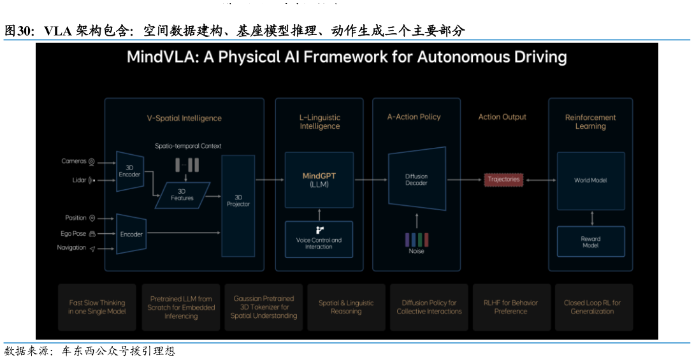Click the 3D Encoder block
[x=129, y=171]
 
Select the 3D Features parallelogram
[x=182, y=194]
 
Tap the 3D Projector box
[x=238, y=201]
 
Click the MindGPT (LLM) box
[x=319, y=180]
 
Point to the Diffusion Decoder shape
[x=416, y=179]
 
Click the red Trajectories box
[x=503, y=180]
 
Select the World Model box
[x=590, y=180]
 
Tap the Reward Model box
[x=590, y=242]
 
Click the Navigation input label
[x=71, y=248]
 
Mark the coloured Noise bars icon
[x=417, y=240]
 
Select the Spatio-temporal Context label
[x=188, y=146]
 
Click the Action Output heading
[x=502, y=117]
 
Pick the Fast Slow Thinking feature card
[x=97, y=307]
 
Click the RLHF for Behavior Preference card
[x=511, y=307]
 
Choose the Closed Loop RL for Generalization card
[x=593, y=307]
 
